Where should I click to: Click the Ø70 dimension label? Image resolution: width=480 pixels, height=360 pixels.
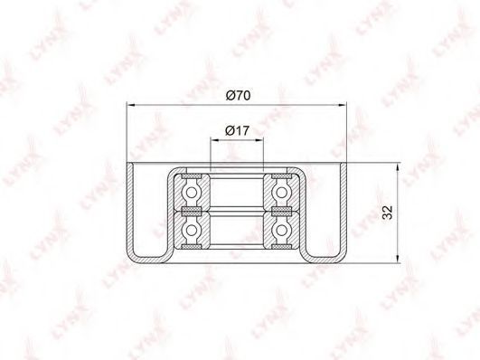click(x=238, y=95)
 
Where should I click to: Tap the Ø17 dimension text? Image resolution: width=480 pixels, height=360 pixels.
click(x=237, y=131)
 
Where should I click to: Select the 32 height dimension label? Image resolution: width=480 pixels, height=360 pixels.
click(x=388, y=213)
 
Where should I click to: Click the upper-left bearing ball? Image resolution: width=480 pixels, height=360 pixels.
click(x=192, y=193)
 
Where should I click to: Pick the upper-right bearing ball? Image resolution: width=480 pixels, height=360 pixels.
click(x=281, y=193)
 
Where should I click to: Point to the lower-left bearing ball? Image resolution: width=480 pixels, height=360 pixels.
click(x=192, y=230)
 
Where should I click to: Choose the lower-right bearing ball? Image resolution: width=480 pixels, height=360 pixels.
click(x=281, y=230)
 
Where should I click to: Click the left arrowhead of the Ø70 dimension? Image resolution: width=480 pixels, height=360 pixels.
click(x=131, y=106)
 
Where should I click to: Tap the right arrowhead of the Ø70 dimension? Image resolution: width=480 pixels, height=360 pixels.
click(x=343, y=106)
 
